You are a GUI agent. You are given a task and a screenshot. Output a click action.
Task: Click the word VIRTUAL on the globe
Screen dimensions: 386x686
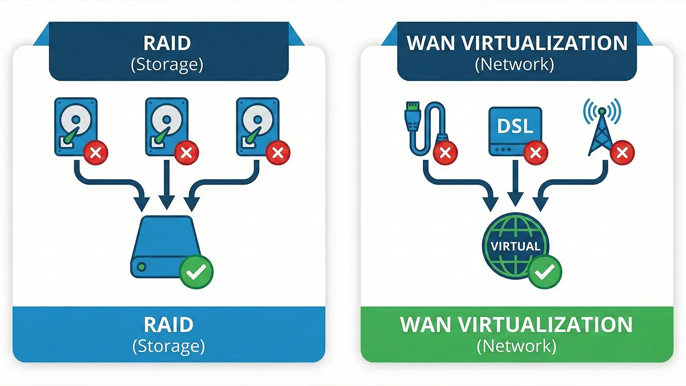point(515,247)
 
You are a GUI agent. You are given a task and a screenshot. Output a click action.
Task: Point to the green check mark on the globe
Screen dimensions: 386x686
point(545,272)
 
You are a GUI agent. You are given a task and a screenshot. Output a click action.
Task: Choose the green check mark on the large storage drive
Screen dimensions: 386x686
point(196,272)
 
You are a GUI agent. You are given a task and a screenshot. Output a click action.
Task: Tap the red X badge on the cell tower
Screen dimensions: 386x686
point(622,154)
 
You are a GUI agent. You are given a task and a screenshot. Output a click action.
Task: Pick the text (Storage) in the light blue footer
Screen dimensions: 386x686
point(169,346)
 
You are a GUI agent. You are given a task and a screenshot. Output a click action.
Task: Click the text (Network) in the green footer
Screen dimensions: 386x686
point(517,346)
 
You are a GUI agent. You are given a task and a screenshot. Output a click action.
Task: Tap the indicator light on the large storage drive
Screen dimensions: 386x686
point(141,266)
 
